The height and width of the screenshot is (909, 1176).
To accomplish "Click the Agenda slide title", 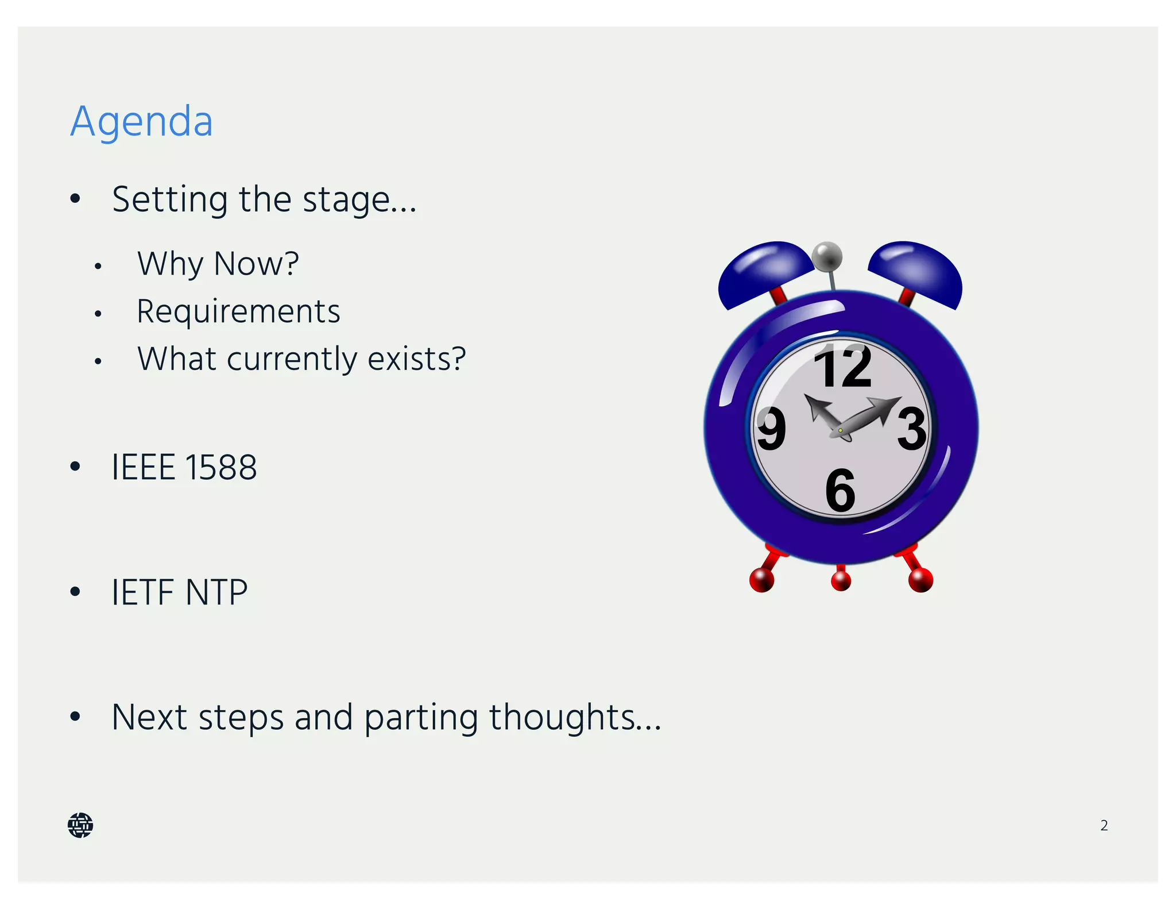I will (141, 121).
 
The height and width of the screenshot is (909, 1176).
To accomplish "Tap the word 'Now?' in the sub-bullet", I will (256, 264).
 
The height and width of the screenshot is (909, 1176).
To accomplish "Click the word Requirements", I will (238, 311).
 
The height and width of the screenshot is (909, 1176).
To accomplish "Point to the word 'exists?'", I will (416, 359).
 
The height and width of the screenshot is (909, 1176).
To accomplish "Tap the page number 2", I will (1104, 825).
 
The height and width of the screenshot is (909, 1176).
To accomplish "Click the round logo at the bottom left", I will (80, 825).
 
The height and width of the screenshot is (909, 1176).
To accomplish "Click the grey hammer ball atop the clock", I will (827, 256).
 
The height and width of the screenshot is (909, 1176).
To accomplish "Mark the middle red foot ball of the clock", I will (841, 581).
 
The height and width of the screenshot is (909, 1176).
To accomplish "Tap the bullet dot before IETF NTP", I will (75, 591).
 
